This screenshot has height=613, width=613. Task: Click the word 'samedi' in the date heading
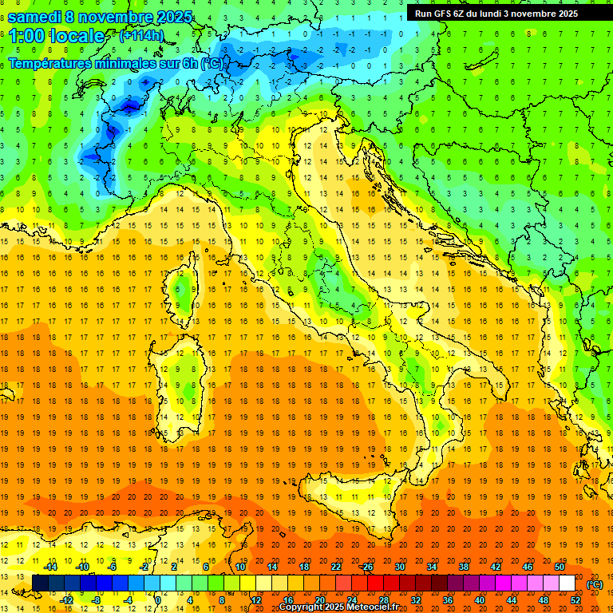[x=34, y=15]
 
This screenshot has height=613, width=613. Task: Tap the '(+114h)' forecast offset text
[x=142, y=36]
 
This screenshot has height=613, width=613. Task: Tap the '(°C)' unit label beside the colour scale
[x=595, y=583]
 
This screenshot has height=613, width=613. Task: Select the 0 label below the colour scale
[x=158, y=600]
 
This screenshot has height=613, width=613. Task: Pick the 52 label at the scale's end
[x=575, y=600]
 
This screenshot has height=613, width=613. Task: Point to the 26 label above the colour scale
[x=367, y=567]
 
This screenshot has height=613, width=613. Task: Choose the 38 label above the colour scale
[x=463, y=567]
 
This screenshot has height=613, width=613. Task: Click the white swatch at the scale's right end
[x=567, y=583]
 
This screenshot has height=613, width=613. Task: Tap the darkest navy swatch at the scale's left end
[x=40, y=583]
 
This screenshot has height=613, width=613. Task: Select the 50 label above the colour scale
[x=559, y=567]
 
